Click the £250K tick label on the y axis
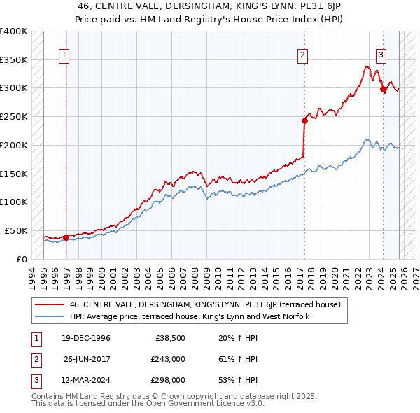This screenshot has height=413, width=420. pos(14,116)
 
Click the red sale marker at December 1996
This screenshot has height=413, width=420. pos(66,237)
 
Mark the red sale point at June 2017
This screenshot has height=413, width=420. pos(304,120)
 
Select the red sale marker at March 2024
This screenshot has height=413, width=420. pos(383,89)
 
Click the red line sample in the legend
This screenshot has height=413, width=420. pos(50,304)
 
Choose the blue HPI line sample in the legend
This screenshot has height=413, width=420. pos(50,317)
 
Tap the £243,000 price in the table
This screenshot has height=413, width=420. pos(168,360)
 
